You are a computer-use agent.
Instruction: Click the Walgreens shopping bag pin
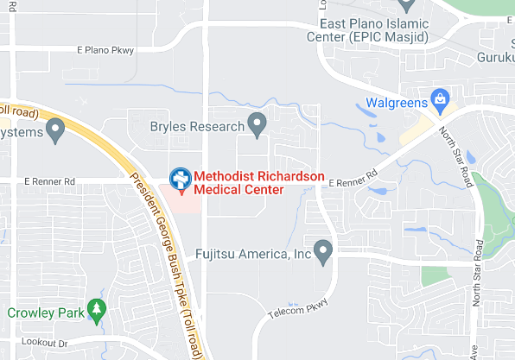442,99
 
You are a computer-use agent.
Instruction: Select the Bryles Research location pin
257,123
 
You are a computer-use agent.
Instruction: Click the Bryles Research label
198,127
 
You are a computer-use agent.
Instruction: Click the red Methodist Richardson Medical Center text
258,183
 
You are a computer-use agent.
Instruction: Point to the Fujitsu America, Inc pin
324,251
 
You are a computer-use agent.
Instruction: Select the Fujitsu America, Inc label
252,255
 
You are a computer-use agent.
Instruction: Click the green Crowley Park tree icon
97,310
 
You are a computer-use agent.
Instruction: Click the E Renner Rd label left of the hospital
50,181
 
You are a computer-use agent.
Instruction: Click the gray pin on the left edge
56,130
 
